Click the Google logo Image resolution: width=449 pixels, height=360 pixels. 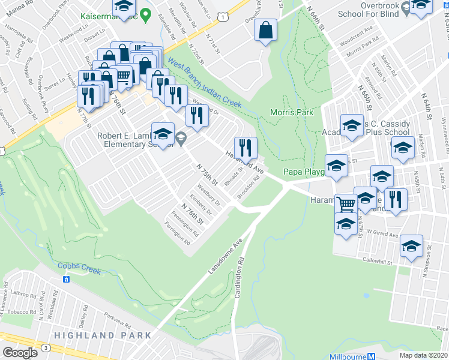click(20, 352)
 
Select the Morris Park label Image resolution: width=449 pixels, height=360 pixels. click(292, 112)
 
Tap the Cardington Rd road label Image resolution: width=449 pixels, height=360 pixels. click(241, 279)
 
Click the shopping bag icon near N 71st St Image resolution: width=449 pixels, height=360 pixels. click(265, 30)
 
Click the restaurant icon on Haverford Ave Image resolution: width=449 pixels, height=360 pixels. click(246, 147)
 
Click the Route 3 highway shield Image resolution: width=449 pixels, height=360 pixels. click(46, 348)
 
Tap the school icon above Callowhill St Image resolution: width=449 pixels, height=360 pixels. click(412, 247)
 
